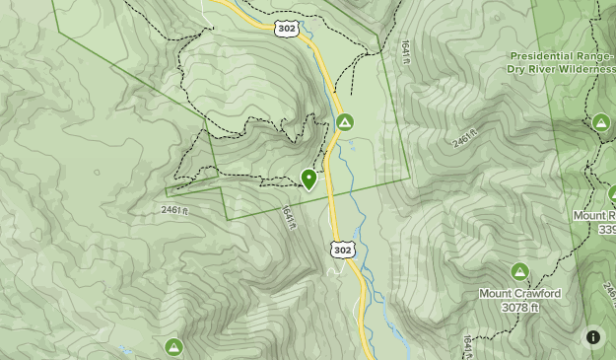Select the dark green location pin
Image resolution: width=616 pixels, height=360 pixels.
point(308,179)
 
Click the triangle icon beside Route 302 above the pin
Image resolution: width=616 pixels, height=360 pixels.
point(344,122)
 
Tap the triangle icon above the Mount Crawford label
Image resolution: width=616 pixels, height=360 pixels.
point(519,271)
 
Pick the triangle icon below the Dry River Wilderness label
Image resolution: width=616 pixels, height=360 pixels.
point(600,122)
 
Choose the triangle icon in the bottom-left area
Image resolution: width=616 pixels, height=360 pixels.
point(173,346)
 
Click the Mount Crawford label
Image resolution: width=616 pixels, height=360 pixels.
point(519,294)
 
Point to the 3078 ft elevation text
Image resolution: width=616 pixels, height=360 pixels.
point(519,308)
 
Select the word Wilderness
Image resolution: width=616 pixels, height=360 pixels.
point(585,69)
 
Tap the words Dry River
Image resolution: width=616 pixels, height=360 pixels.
point(527,69)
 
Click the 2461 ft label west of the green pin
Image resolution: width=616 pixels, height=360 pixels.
point(172,210)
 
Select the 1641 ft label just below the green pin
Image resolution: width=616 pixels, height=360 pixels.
point(288,219)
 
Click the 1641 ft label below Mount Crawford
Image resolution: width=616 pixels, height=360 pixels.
point(466,346)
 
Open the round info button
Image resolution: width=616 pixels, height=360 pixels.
point(593,337)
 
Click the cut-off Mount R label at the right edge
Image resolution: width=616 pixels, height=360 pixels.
point(595,215)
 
